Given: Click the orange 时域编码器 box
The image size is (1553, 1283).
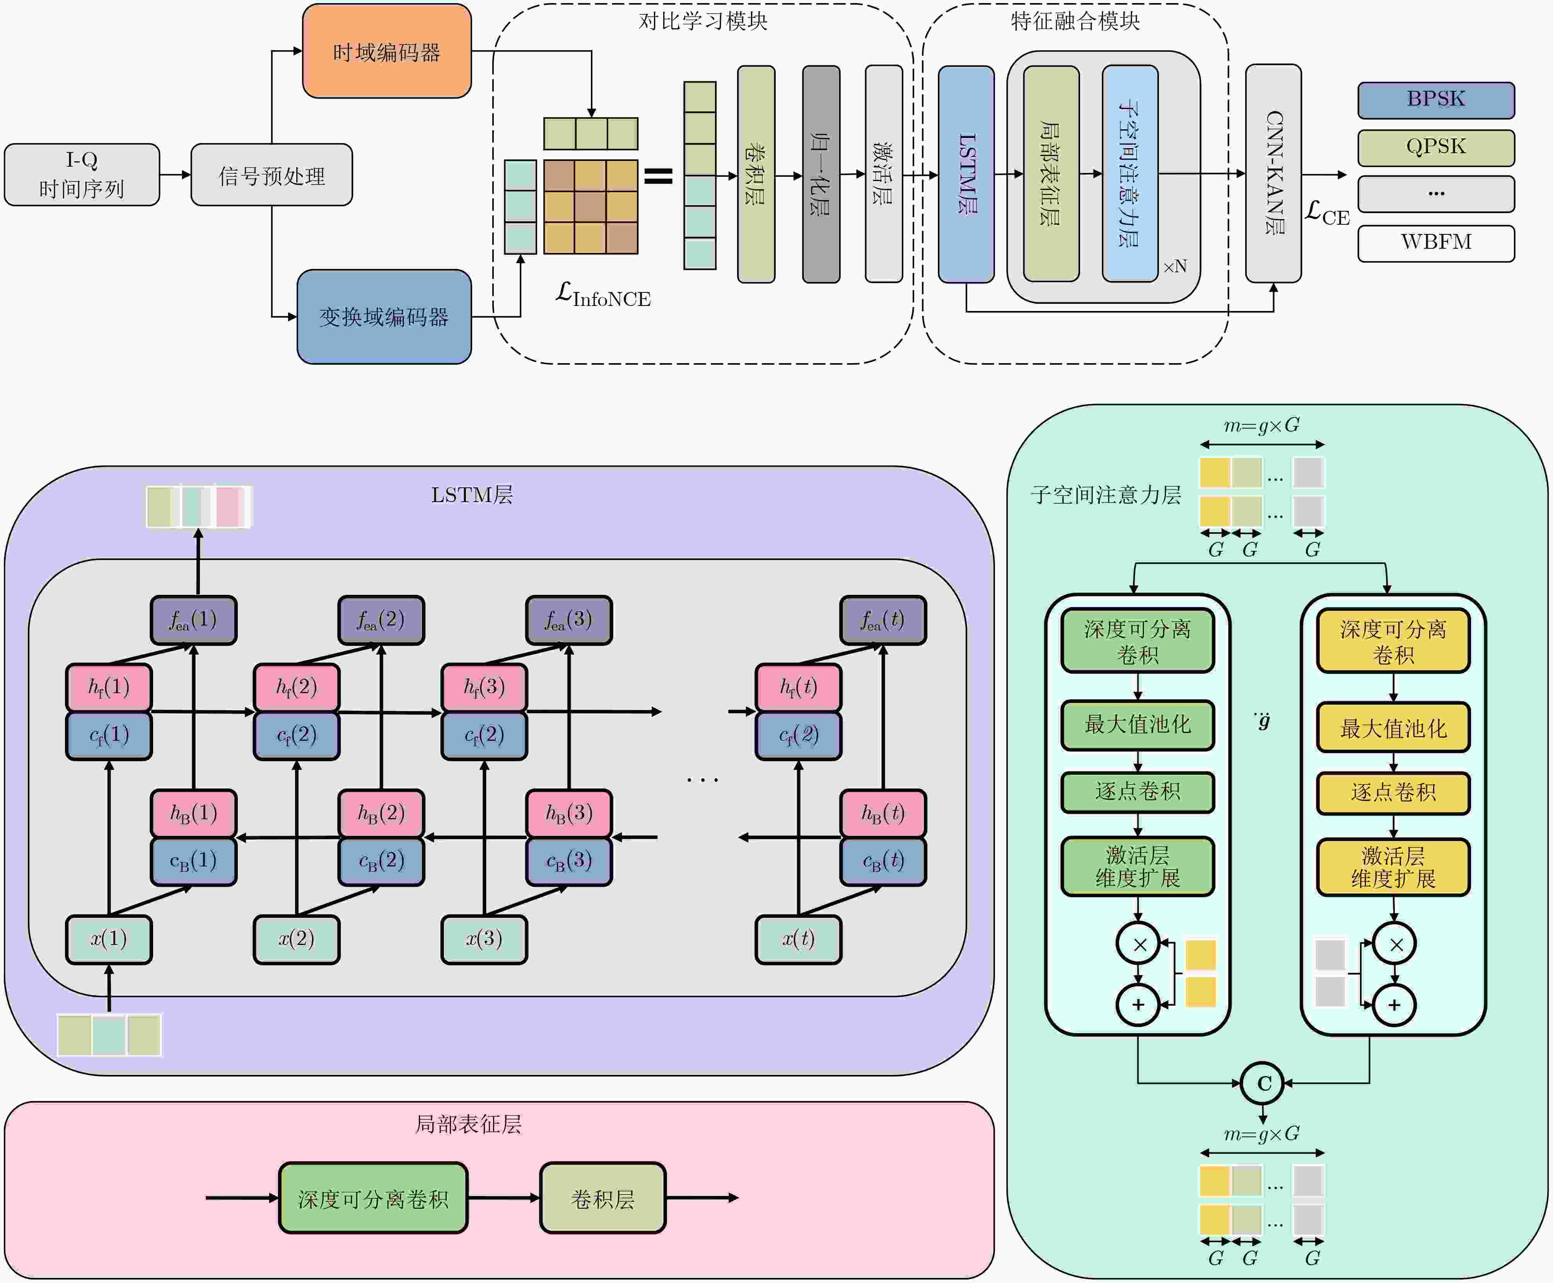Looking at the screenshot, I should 386,51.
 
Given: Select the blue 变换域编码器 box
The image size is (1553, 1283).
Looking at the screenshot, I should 384,316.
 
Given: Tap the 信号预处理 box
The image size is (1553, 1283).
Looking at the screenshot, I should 271,175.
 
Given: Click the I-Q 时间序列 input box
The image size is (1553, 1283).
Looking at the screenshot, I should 81,174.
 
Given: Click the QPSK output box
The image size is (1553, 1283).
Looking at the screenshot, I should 1435,147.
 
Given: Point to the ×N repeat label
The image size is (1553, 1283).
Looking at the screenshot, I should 1175,266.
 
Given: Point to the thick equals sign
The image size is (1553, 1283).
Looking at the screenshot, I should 658,176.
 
